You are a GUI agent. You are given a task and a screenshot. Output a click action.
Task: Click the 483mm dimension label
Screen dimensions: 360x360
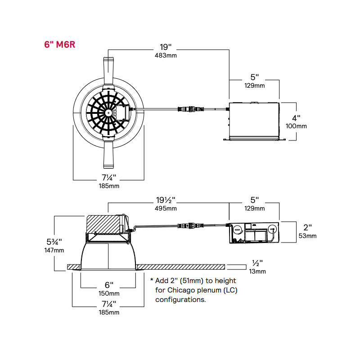pyautogui.click(x=166, y=55)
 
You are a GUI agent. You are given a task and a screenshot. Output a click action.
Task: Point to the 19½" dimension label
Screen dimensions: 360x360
pyautogui.click(x=166, y=199)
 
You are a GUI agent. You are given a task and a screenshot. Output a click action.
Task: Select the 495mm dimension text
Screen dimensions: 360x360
pyautogui.click(x=166, y=208)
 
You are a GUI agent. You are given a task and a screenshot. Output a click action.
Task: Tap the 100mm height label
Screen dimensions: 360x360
pyautogui.click(x=297, y=126)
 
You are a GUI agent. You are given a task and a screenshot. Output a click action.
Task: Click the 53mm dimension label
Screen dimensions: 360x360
pyautogui.click(x=308, y=235)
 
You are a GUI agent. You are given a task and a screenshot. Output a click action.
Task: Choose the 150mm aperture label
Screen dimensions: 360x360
pyautogui.click(x=108, y=293)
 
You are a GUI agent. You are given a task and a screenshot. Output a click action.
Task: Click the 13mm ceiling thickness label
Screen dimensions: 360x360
pyautogui.click(x=257, y=271)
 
